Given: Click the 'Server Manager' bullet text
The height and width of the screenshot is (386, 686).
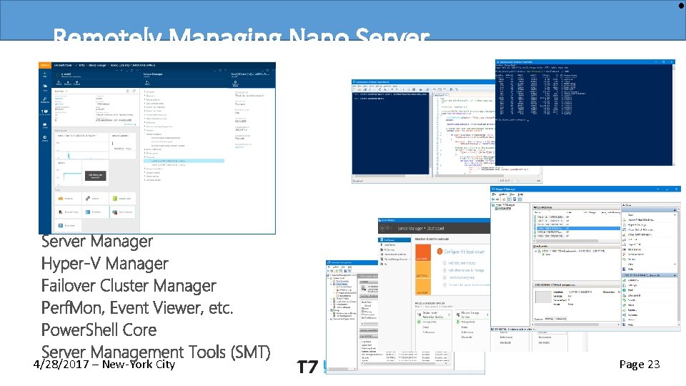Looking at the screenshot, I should (97, 241).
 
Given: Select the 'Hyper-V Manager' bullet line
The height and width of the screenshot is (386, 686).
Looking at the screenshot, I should (105, 263).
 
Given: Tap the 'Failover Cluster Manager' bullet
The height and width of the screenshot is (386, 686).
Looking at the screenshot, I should (129, 285).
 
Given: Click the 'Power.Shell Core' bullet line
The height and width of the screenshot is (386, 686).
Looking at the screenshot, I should (99, 330).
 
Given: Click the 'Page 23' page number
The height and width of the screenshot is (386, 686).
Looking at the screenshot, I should (640, 365).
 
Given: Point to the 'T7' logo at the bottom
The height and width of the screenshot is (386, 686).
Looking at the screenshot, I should (307, 367).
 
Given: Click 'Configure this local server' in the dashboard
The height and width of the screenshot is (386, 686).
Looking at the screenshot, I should (465, 252).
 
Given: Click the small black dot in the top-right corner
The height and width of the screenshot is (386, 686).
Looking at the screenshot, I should (681, 5).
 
